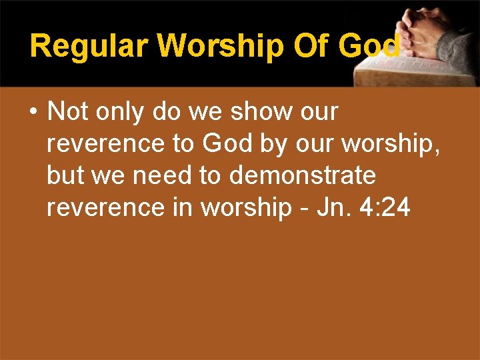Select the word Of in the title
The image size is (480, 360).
[x=315, y=46]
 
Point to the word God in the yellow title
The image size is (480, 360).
[x=369, y=46]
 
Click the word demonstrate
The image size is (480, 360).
[x=303, y=176]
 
